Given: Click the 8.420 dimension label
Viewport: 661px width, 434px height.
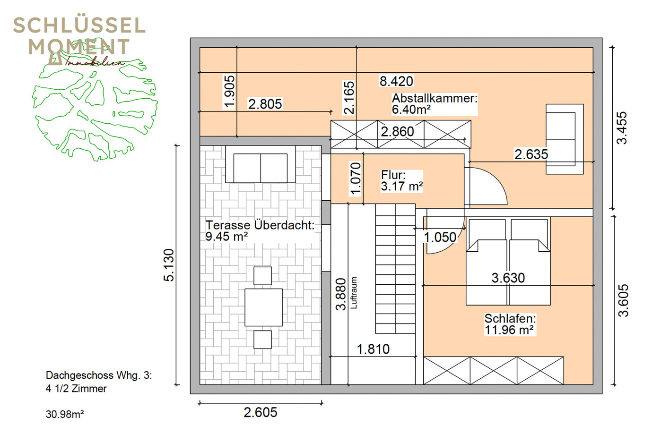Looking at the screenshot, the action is click(396, 81).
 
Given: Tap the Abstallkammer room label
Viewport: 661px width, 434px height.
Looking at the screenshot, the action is click(435, 104).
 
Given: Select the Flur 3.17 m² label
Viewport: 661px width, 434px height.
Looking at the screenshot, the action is click(401, 180).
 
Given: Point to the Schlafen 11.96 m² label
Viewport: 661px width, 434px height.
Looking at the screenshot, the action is click(510, 324).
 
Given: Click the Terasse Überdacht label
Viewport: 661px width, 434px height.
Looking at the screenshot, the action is click(260, 231).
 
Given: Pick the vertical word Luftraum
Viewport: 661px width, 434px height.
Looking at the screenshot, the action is click(354, 293).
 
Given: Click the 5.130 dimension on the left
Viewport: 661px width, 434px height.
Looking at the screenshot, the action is click(169, 265).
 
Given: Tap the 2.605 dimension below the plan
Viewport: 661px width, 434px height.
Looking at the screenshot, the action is click(260, 412).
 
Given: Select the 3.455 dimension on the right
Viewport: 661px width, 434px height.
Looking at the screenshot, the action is click(622, 128).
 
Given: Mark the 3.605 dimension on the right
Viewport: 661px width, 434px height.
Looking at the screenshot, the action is click(623, 300).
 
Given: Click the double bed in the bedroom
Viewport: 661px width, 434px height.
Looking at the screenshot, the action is click(508, 261).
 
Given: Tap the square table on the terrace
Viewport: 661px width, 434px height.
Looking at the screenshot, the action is click(263, 307).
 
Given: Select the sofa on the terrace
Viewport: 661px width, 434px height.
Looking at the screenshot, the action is click(260, 164).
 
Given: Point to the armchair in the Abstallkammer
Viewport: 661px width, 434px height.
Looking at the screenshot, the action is click(565, 139).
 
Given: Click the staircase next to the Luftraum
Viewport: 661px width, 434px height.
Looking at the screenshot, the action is click(395, 268).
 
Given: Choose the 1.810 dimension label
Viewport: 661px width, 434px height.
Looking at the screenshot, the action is click(373, 349).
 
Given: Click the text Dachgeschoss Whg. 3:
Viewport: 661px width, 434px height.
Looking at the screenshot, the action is click(99, 375).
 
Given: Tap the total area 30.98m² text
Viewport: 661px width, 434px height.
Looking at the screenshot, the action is click(65, 415).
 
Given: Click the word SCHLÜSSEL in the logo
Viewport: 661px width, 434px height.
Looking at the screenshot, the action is click(79, 25).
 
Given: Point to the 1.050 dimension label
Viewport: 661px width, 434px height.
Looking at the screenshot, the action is click(440, 237).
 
